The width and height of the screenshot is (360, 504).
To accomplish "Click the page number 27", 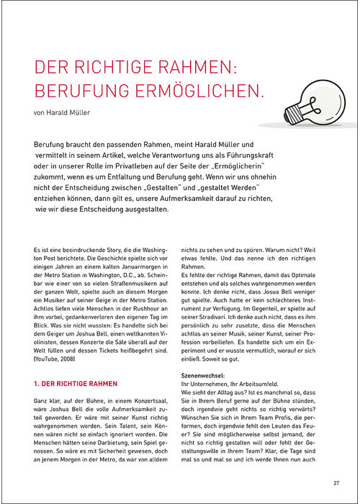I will pyautogui.click(x=336, y=482).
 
